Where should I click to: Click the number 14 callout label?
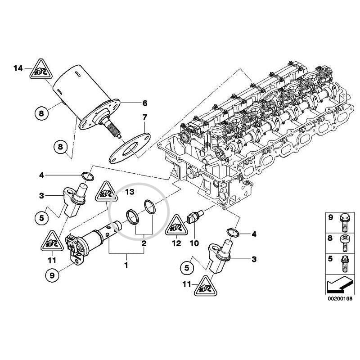coord(18,68)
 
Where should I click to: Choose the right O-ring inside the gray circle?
coord(149,207)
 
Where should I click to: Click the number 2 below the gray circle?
coord(144,243)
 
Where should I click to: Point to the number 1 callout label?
coord(126,265)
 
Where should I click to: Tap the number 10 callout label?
coord(193,243)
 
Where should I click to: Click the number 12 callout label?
coord(176,243)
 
